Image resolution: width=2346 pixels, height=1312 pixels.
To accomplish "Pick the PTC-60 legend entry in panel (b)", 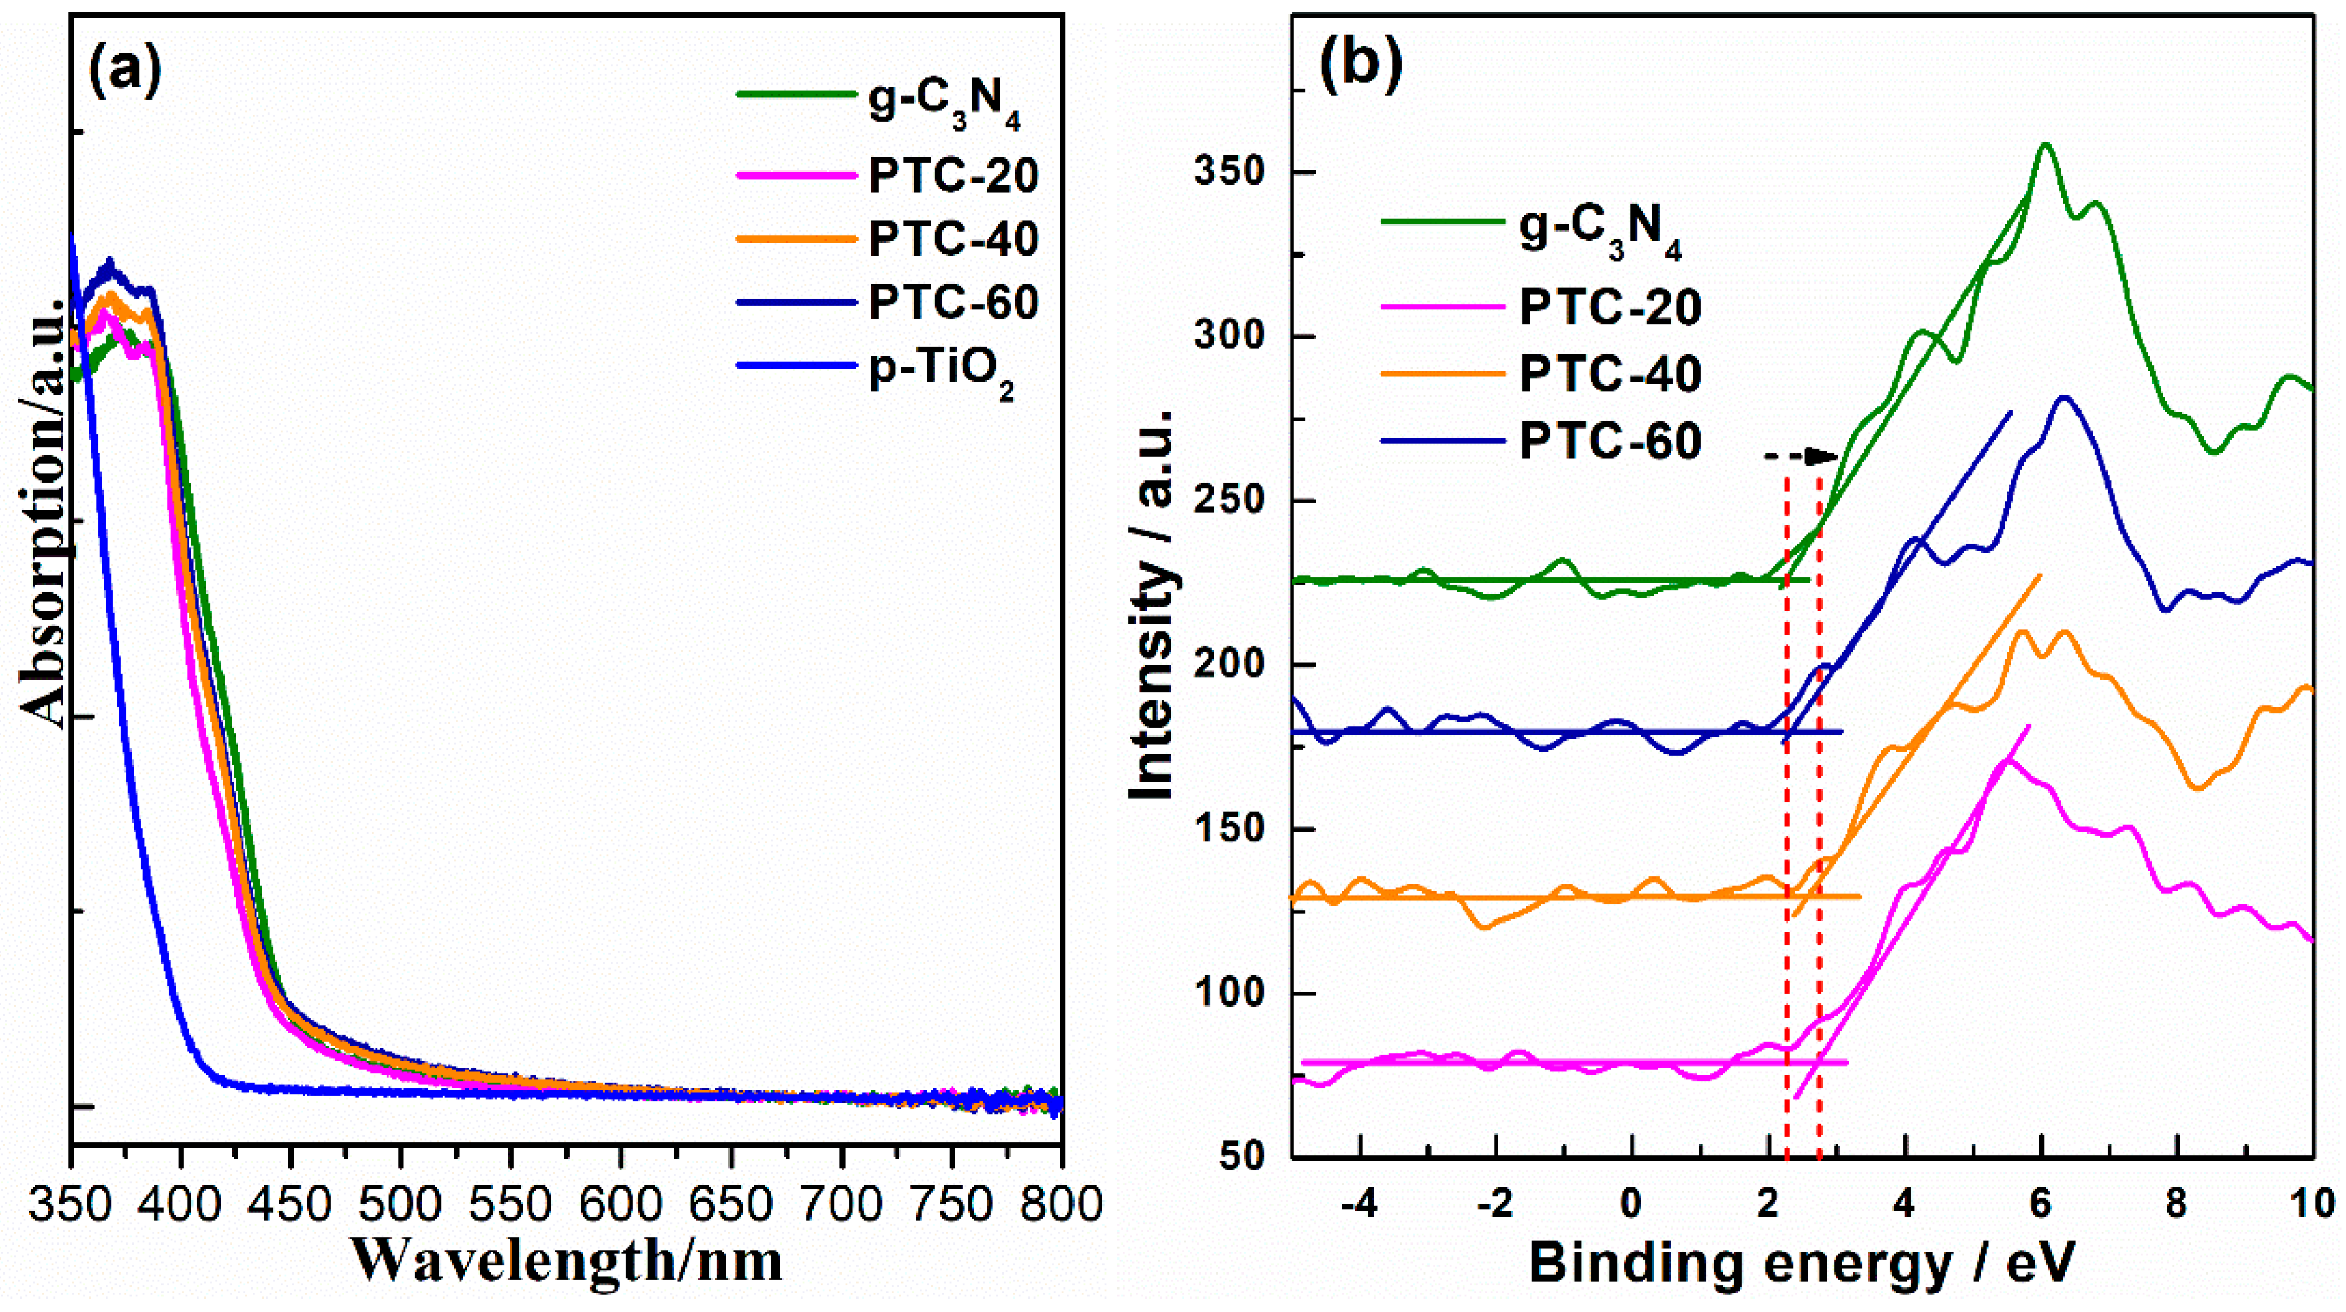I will pos(1610,441).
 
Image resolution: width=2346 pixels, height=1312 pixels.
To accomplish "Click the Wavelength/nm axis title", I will pos(566,1262).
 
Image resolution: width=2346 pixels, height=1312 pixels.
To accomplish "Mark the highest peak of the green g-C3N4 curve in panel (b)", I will pos(2046,145).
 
